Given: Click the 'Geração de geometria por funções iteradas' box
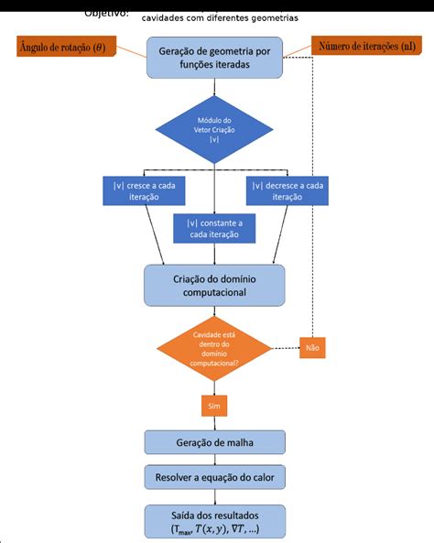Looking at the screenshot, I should click(213, 60).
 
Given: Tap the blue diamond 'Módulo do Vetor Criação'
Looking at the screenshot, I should click(214, 130).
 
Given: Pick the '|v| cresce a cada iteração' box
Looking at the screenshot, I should click(144, 190).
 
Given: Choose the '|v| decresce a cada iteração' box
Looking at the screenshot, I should click(287, 190).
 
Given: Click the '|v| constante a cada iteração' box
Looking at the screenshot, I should click(214, 228).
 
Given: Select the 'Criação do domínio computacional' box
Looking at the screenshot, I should click(214, 285).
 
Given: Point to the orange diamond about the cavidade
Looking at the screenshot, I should click(214, 349).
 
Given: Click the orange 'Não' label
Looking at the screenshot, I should click(312, 348).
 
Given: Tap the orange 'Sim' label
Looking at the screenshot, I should click(214, 404).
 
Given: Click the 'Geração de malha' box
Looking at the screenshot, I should click(214, 443).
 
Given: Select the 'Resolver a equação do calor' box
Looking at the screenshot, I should click(214, 477).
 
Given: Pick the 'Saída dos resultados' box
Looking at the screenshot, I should click(214, 521).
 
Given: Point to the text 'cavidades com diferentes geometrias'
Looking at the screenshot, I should click(220, 18).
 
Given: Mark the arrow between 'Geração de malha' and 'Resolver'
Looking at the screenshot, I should click(214, 460).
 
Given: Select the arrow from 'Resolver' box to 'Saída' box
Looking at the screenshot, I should click(214, 496).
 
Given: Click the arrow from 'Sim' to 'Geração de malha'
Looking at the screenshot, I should click(214, 422).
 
